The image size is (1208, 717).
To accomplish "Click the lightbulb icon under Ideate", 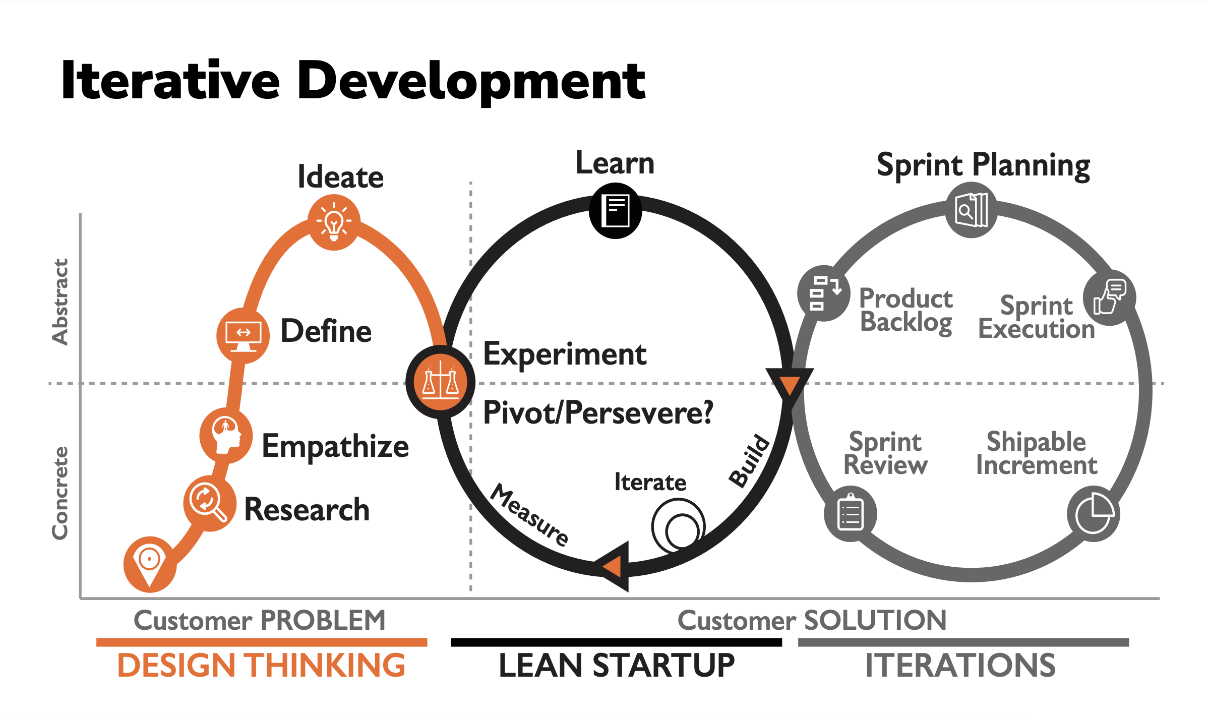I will [x=334, y=222].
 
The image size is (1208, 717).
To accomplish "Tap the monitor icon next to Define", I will [x=243, y=335].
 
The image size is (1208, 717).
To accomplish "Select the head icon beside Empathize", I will [x=226, y=435].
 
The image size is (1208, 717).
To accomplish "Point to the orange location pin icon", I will [x=150, y=563].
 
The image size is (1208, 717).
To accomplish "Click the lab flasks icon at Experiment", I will [x=441, y=381].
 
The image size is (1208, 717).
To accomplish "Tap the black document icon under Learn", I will [x=616, y=210].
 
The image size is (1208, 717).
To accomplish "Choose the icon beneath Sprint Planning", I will [x=972, y=210].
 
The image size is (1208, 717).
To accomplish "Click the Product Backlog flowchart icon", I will [x=824, y=293].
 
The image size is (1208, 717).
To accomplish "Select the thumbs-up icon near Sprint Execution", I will [x=1109, y=298].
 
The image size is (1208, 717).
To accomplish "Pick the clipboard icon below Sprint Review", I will [x=851, y=514].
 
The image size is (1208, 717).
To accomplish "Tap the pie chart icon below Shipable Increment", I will [x=1093, y=514].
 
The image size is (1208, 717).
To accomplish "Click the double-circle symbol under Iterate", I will [x=679, y=526].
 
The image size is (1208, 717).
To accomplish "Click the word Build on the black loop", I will [x=750, y=460].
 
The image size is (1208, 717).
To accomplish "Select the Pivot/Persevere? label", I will [x=598, y=413].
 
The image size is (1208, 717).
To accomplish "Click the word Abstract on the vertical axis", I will [x=61, y=302].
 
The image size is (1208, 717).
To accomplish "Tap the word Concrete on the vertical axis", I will [x=61, y=493].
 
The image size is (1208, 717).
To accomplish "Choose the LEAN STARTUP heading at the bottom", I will [x=616, y=666].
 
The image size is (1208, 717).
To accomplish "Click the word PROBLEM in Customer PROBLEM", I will [x=323, y=620].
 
